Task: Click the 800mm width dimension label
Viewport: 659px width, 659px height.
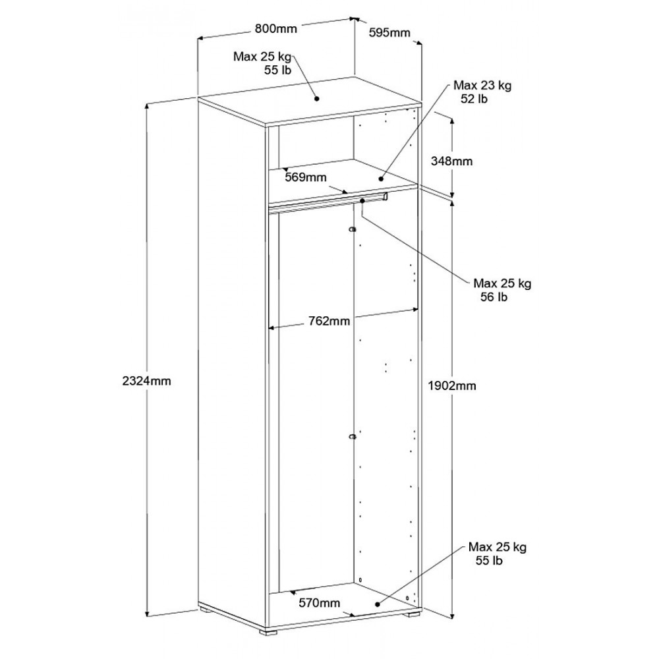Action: pyautogui.click(x=275, y=29)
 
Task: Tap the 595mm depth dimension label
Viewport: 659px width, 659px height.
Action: pyautogui.click(x=389, y=33)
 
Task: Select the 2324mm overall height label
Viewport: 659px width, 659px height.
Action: pyautogui.click(x=147, y=381)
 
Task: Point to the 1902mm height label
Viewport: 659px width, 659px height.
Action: pyautogui.click(x=452, y=386)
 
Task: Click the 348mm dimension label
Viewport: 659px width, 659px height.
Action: pyautogui.click(x=452, y=161)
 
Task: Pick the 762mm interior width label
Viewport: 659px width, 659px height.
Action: pyautogui.click(x=329, y=321)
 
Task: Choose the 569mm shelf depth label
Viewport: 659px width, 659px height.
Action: pyautogui.click(x=306, y=177)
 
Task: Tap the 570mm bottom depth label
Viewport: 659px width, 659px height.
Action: pyautogui.click(x=320, y=603)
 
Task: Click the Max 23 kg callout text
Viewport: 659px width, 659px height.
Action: pyautogui.click(x=482, y=86)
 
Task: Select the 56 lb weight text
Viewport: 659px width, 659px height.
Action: pyautogui.click(x=494, y=297)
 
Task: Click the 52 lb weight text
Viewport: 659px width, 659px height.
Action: pyautogui.click(x=474, y=100)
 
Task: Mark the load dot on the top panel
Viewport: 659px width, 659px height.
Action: pyautogui.click(x=317, y=99)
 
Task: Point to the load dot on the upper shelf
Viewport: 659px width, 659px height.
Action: pyautogui.click(x=381, y=179)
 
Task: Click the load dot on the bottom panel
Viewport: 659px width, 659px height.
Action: pyautogui.click(x=377, y=604)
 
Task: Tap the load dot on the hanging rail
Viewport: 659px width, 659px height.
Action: pyautogui.click(x=362, y=201)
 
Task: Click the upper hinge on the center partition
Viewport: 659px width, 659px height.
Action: pyautogui.click(x=353, y=229)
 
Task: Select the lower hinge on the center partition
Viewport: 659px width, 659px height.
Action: pyautogui.click(x=353, y=437)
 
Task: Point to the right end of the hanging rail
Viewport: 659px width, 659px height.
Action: pyautogui.click(x=386, y=196)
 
